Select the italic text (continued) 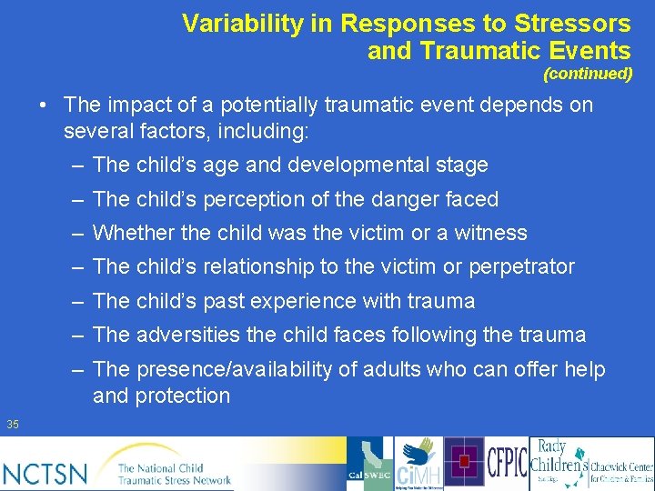coord(588,74)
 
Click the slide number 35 coord(13,424)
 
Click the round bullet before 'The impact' coord(44,105)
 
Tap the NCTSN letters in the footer coord(45,473)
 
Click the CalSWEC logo coord(370,463)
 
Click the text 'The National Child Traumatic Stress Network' coord(174,473)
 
